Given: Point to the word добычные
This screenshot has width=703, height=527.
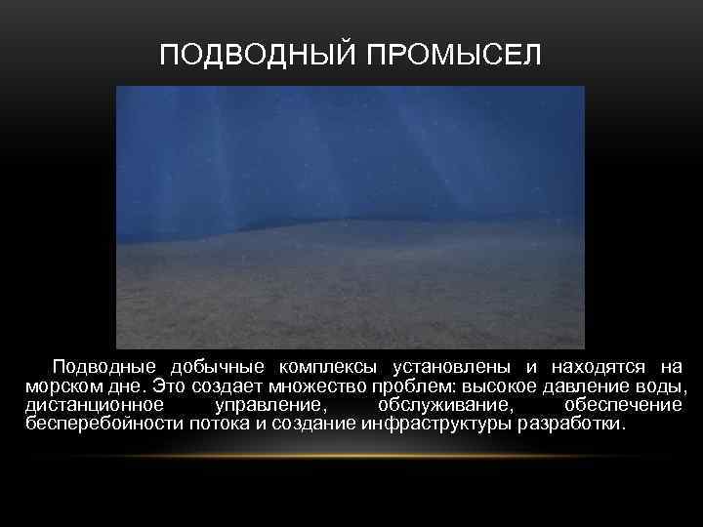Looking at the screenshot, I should pyautogui.click(x=218, y=368).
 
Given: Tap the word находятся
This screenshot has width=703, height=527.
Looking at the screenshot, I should pyautogui.click(x=598, y=368).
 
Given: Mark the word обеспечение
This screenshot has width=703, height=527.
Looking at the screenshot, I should pyautogui.click(x=623, y=406).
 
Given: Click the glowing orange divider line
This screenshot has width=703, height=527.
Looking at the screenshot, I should pyautogui.click(x=351, y=457).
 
